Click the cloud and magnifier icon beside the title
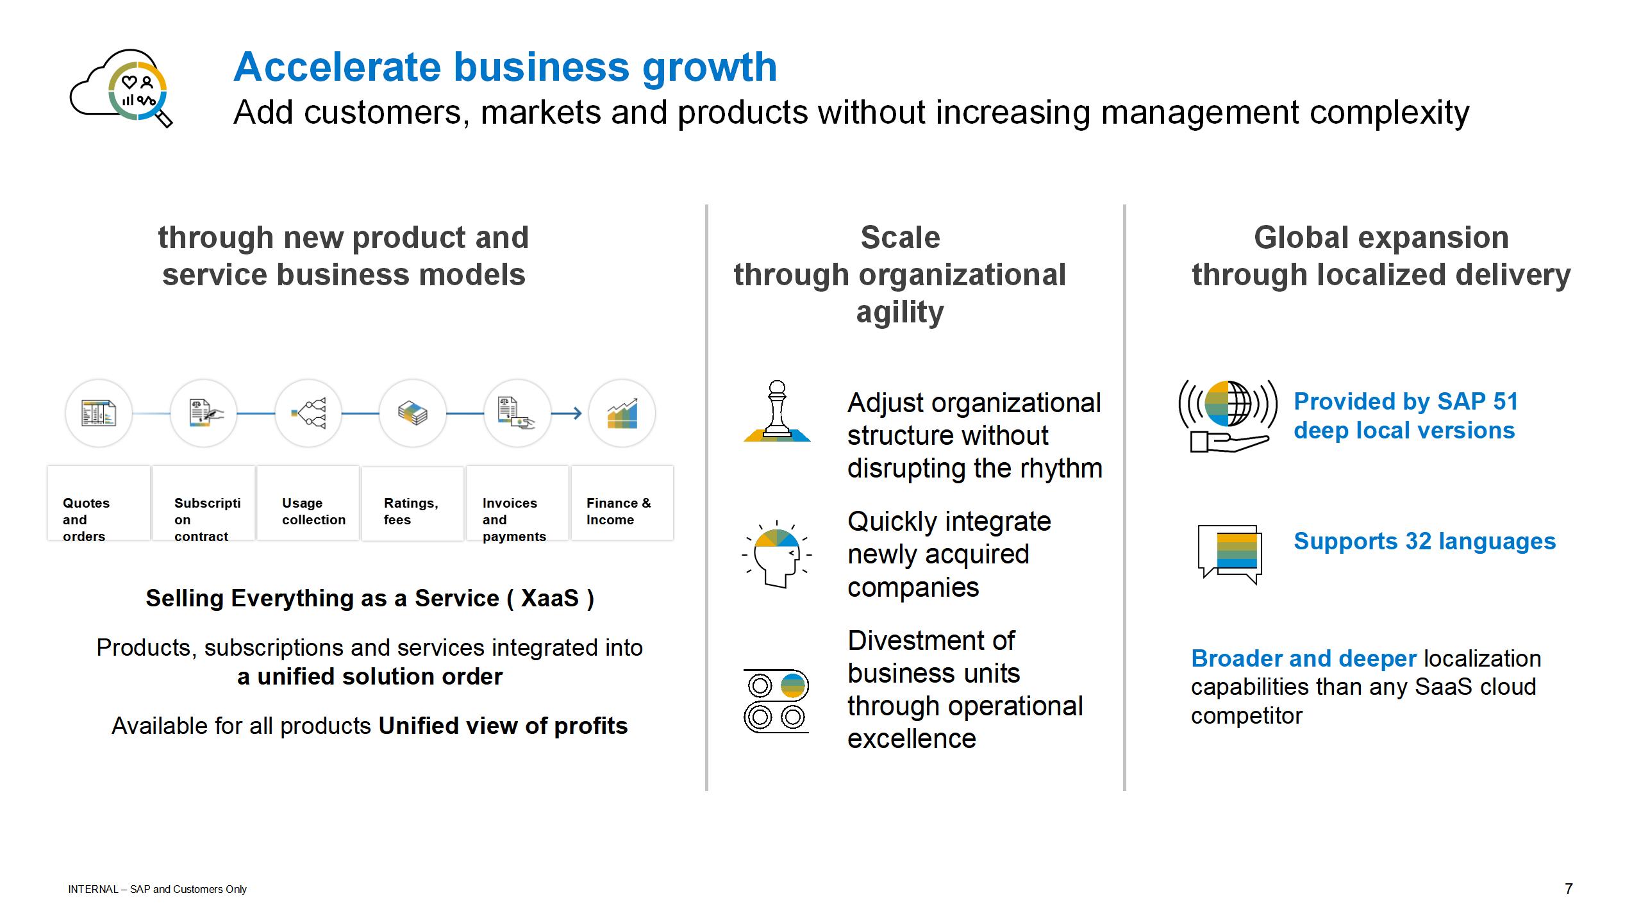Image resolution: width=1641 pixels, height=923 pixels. (x=121, y=88)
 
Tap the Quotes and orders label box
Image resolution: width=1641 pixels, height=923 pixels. (x=99, y=503)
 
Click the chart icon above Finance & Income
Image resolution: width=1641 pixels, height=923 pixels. (x=622, y=413)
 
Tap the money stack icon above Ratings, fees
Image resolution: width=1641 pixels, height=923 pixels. (x=413, y=413)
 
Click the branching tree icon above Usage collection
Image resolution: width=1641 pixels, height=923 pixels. (x=308, y=413)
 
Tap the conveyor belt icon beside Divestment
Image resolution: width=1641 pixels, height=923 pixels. (x=776, y=701)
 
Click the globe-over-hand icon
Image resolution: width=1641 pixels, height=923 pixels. (x=1228, y=416)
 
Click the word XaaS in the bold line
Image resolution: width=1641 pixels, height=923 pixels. (x=550, y=598)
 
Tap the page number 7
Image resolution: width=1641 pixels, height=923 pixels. (x=1569, y=889)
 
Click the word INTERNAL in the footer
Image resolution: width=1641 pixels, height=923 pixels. (x=94, y=890)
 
